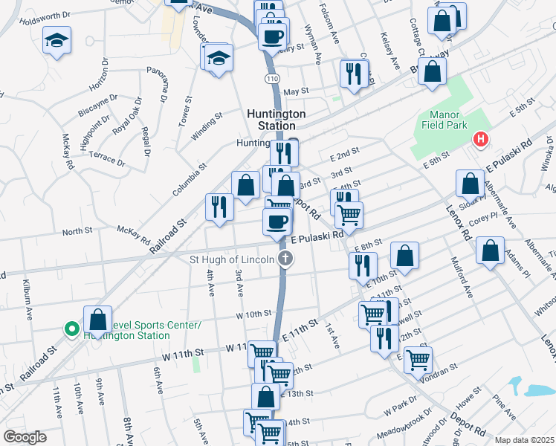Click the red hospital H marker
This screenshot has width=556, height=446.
[x=482, y=139]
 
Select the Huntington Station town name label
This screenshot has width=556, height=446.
[x=276, y=120]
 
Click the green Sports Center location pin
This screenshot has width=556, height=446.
[x=71, y=328]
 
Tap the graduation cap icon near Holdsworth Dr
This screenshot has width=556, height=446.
[x=56, y=41]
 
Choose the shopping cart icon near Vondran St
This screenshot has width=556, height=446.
[x=418, y=359]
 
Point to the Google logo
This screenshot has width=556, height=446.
[x=25, y=436]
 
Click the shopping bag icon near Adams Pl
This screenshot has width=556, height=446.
[x=490, y=251]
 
